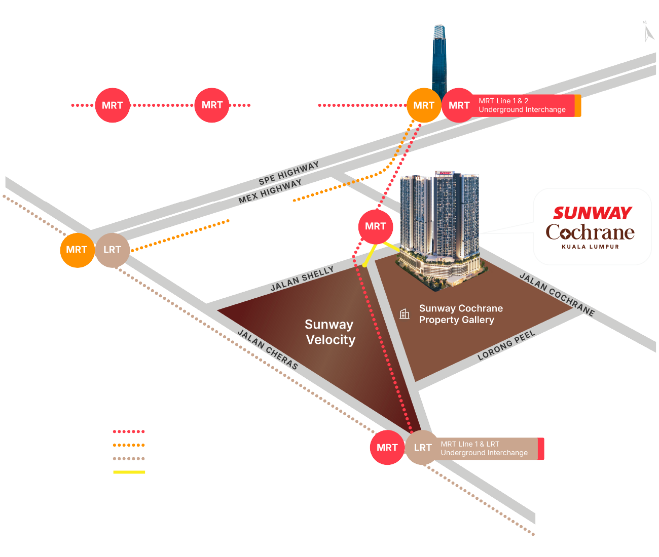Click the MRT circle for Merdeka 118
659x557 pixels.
pyautogui.click(x=112, y=105)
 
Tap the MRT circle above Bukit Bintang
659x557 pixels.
pyautogui.click(x=212, y=105)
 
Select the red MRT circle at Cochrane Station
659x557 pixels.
pyautogui.click(x=375, y=226)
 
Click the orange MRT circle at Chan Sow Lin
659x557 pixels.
pyautogui.click(x=77, y=250)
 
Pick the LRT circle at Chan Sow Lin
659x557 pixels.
pyautogui.click(x=112, y=250)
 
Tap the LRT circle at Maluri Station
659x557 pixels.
pyautogui.click(x=422, y=448)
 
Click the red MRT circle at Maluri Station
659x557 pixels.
pyautogui.click(x=387, y=448)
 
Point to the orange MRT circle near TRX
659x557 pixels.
pyautogui.click(x=424, y=105)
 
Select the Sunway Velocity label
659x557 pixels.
pyautogui.click(x=330, y=332)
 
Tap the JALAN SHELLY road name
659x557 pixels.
pyautogui.click(x=302, y=278)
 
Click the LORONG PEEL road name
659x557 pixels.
pyautogui.click(x=506, y=345)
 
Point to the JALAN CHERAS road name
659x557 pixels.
pyautogui.click(x=268, y=349)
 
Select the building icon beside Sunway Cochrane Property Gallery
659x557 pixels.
pyautogui.click(x=405, y=314)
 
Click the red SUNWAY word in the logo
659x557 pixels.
pyautogui.click(x=592, y=213)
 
